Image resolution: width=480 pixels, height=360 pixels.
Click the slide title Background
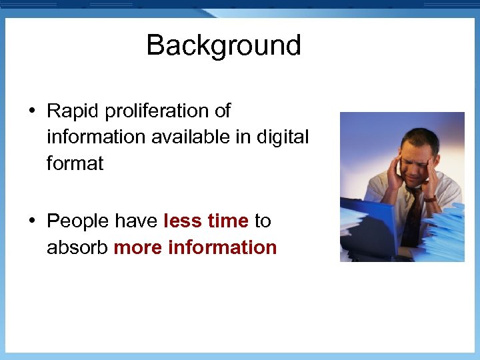click(x=223, y=45)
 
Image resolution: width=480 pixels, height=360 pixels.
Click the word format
click(x=75, y=164)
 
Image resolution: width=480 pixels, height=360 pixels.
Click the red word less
click(x=183, y=221)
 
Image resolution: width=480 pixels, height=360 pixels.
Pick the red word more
click(x=138, y=247)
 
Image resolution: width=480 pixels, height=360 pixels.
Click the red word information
click(x=223, y=247)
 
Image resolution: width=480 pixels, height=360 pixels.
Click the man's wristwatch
click(x=430, y=198)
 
